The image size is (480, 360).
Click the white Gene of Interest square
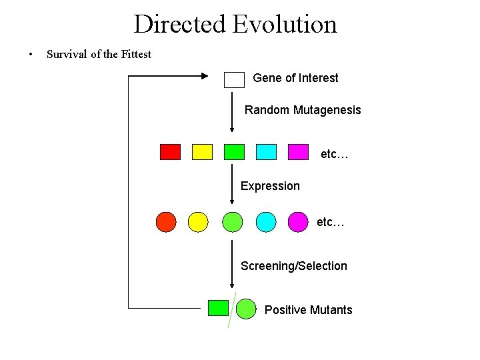point(235,79)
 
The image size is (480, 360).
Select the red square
point(170,152)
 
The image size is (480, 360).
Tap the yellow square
point(202,152)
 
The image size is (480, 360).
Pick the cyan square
point(266,152)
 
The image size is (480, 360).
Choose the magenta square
point(298,152)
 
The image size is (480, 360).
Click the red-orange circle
point(166,221)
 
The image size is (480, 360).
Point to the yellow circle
point(198,221)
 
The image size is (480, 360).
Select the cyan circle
point(266,221)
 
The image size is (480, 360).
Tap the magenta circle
point(298,221)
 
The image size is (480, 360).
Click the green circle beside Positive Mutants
point(246,308)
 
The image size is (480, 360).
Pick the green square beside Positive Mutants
point(218,307)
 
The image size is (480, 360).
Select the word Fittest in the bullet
point(136,54)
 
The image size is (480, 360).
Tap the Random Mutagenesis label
point(303,110)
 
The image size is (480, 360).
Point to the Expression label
point(270,186)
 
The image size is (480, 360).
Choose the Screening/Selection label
point(293,266)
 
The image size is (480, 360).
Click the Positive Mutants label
point(308,310)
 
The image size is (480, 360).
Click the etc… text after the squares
point(335,154)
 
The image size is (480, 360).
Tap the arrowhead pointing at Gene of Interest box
point(204,76)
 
